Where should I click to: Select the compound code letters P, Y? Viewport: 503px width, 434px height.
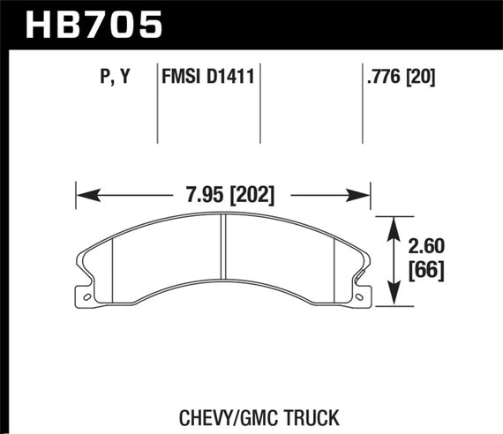pos(112,77)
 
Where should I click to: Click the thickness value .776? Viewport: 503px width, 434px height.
pos(385,77)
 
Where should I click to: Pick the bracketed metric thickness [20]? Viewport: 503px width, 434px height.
pos(422,77)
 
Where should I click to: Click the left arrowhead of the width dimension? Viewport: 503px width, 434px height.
pos(84,193)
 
